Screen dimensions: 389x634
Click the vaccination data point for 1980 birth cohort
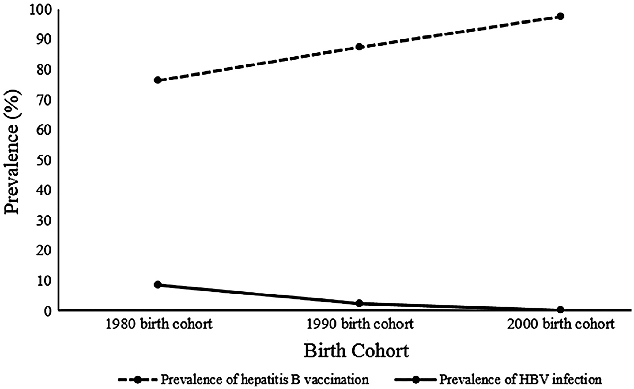pyautogui.click(x=158, y=80)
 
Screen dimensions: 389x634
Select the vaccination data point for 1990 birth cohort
pyautogui.click(x=359, y=47)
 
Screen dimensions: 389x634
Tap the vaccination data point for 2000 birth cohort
pyautogui.click(x=560, y=16)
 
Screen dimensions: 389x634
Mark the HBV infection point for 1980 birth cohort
pyautogui.click(x=158, y=285)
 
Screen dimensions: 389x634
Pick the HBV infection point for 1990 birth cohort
pyautogui.click(x=359, y=303)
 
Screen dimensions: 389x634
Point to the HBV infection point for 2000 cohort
pyautogui.click(x=560, y=310)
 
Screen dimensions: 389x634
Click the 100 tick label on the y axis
pyautogui.click(x=40, y=10)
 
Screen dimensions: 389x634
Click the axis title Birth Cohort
pyautogui.click(x=356, y=351)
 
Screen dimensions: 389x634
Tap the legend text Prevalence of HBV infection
pyautogui.click(x=520, y=380)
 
